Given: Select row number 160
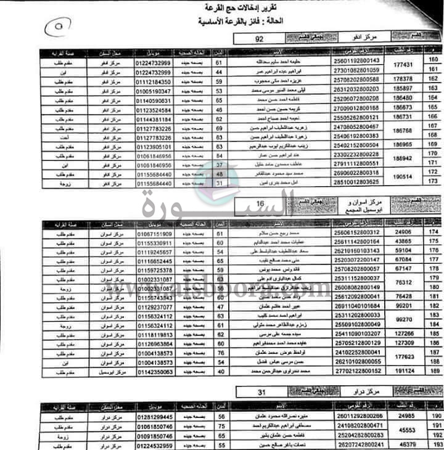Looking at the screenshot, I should (x=433, y=60).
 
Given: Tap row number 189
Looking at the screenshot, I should (x=433, y=372).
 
